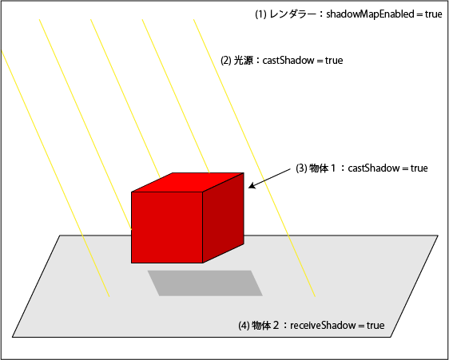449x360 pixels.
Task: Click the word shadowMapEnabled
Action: (370, 14)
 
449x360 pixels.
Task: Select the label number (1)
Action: (260, 14)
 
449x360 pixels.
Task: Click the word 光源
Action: (244, 61)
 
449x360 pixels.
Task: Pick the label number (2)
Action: (226, 61)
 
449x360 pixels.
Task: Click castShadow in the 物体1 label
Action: (374, 168)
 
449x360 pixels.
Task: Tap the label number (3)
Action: (301, 168)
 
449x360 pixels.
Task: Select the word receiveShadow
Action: (323, 326)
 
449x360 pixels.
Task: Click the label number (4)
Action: (244, 326)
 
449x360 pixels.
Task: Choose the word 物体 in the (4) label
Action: (261, 326)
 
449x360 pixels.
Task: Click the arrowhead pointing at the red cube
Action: (252, 186)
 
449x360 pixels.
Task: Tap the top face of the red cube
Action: (188, 182)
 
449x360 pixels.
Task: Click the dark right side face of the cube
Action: (224, 217)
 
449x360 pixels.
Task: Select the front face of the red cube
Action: (167, 227)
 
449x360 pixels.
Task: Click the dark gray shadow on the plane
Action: (205, 283)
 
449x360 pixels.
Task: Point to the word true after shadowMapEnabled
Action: (434, 14)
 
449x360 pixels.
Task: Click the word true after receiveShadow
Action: (375, 326)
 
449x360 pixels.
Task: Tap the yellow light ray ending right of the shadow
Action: (255, 158)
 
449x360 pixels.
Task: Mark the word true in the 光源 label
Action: (334, 61)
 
